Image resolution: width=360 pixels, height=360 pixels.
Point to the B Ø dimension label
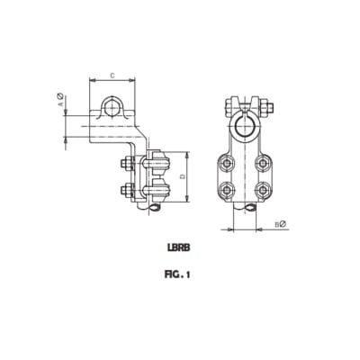(x=281, y=222)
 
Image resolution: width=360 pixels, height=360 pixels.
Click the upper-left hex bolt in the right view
(x=225, y=164)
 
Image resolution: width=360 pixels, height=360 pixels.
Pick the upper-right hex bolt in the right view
(x=263, y=164)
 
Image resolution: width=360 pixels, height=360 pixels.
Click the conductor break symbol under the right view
(x=246, y=210)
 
